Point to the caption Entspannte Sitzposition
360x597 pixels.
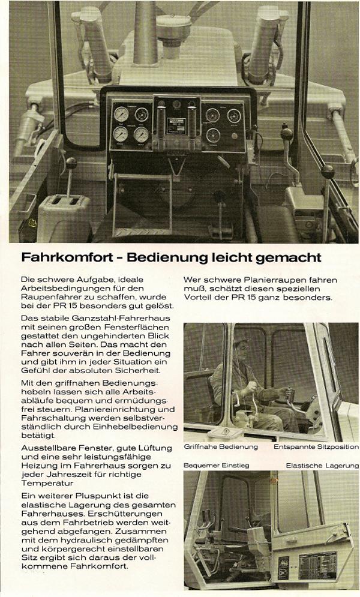(x=316, y=446)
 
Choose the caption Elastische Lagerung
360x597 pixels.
(x=322, y=465)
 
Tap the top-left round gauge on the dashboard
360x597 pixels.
(x=121, y=113)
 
